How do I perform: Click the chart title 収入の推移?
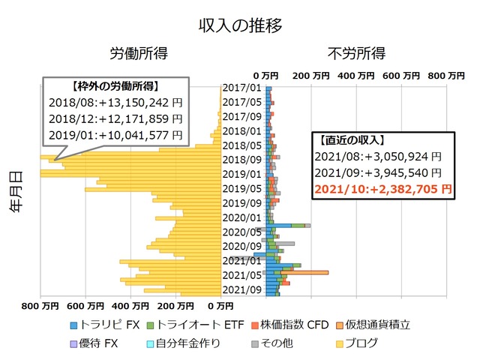[240, 25]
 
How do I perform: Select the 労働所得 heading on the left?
[139, 54]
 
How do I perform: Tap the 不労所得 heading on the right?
[357, 54]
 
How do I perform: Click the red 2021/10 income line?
[383, 189]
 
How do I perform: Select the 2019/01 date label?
[242, 174]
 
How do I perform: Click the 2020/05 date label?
[242, 232]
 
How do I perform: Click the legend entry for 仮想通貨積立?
[372, 325]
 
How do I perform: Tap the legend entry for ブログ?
[357, 344]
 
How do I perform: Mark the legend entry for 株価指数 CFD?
[289, 325]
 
